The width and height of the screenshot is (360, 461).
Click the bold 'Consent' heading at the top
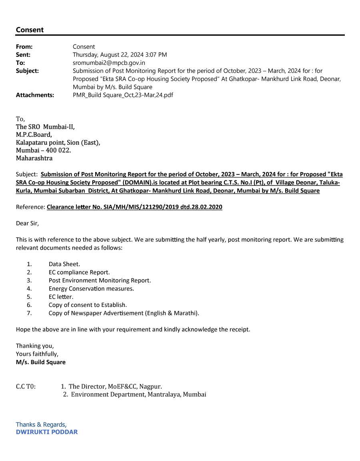[30, 30]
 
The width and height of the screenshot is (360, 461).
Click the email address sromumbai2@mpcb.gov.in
[109, 63]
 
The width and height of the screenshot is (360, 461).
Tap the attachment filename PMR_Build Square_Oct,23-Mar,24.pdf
[123, 95]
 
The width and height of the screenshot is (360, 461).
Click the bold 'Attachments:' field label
[35, 95]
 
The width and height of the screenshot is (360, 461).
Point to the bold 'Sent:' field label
[23, 55]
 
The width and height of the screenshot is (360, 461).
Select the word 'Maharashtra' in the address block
[34, 158]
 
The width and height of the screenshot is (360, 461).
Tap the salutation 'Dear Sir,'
[27, 223]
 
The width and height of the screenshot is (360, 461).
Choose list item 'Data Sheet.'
[64, 264]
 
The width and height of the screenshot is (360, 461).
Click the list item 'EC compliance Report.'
[79, 273]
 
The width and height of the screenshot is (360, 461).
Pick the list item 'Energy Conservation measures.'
[91, 289]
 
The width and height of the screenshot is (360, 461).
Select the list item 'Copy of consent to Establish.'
[88, 305]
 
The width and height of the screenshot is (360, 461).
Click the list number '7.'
[29, 313]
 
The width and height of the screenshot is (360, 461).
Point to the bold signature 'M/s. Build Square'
[41, 362]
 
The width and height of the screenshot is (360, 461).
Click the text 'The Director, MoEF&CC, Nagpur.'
[115, 387]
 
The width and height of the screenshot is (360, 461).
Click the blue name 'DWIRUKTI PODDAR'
[47, 432]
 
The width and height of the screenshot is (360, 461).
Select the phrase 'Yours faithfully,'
[37, 354]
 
